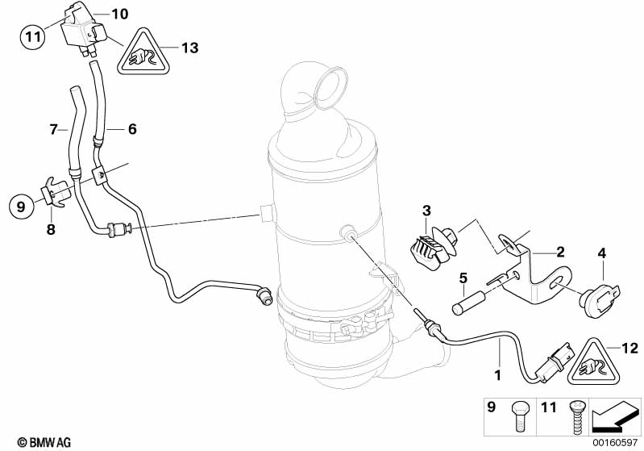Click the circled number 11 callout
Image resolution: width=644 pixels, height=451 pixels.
pyautogui.click(x=33, y=36)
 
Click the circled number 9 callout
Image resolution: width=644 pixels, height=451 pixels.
pyautogui.click(x=21, y=206)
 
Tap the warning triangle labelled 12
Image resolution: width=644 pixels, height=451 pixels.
pyautogui.click(x=594, y=363)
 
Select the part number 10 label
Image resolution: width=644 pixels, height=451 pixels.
pyautogui.click(x=119, y=15)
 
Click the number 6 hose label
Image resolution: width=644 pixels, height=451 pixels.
pyautogui.click(x=132, y=129)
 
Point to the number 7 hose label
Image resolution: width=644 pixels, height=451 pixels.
pyautogui.click(x=54, y=130)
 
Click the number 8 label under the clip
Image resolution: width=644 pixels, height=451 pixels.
pyautogui.click(x=51, y=229)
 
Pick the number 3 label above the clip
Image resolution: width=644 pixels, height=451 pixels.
pyautogui.click(x=426, y=211)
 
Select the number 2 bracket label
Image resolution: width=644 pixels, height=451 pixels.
pyautogui.click(x=560, y=252)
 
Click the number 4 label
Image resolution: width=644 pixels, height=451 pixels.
pyautogui.click(x=602, y=253)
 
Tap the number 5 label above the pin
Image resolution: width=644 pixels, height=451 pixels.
pyautogui.click(x=463, y=278)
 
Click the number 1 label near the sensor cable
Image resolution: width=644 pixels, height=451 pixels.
pyautogui.click(x=498, y=375)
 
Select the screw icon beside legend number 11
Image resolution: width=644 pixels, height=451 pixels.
pyautogui.click(x=575, y=417)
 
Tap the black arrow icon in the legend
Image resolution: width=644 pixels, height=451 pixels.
pyautogui.click(x=614, y=416)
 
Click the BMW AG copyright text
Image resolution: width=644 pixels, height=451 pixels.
pyautogui.click(x=44, y=442)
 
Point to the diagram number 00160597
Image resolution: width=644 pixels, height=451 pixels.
pyautogui.click(x=615, y=443)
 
